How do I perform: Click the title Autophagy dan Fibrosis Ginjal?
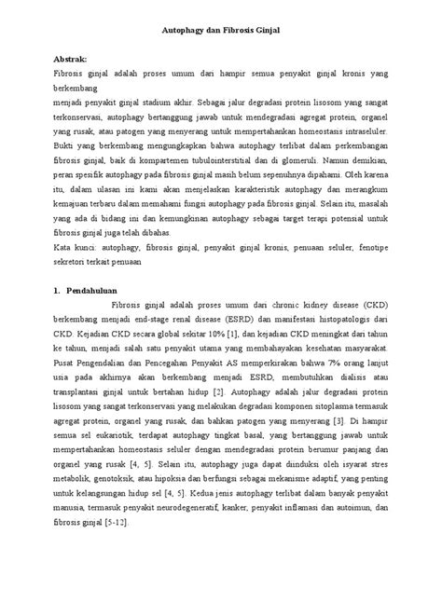pos(221,32)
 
